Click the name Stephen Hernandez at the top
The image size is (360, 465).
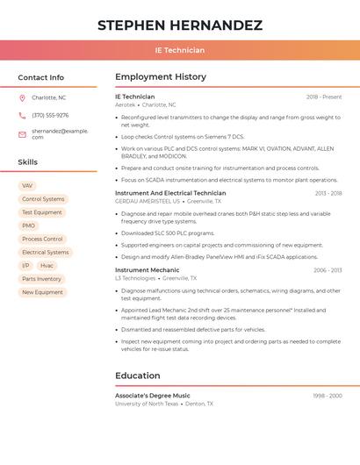(x=180, y=25)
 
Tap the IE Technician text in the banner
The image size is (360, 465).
(x=180, y=50)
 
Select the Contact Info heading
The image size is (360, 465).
(x=41, y=77)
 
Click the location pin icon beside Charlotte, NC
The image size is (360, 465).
(x=22, y=97)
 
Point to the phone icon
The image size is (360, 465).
(x=22, y=115)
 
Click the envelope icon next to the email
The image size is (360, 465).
(x=22, y=133)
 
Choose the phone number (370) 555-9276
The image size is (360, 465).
(x=50, y=115)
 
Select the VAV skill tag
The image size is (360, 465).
(x=27, y=186)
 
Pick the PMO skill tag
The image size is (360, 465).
(x=29, y=225)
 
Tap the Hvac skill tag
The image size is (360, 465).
(x=47, y=265)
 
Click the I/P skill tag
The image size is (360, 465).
(x=25, y=265)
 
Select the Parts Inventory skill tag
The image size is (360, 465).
(x=41, y=279)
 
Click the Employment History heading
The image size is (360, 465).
(x=161, y=77)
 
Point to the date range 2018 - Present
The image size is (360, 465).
(x=324, y=97)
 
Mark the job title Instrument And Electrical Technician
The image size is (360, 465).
(x=170, y=193)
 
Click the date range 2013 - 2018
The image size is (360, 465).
(x=328, y=193)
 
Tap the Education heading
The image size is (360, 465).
(x=137, y=376)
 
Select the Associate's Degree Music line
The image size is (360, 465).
(x=153, y=396)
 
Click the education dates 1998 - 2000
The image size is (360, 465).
(x=328, y=396)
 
